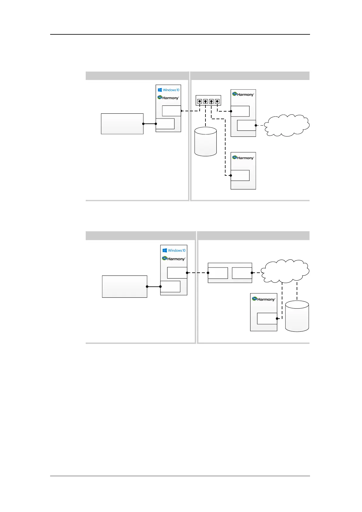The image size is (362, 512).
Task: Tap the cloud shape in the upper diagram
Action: pos(287,125)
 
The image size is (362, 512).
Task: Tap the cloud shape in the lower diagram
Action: pos(285,271)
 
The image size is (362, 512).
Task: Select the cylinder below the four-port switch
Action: pos(205,142)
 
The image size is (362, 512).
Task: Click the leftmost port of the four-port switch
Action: pos(200,101)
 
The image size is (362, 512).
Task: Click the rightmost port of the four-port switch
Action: pos(217,101)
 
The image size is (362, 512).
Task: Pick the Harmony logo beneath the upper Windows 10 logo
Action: pos(168,98)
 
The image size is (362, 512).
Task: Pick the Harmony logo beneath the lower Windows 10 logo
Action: pos(173,258)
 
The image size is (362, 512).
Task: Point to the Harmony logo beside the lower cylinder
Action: pos(263,299)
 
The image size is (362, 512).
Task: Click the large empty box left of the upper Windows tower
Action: pos(122,124)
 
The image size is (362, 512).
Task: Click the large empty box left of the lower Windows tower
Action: pos(125,286)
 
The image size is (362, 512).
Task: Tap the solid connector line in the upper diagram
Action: pos(150,124)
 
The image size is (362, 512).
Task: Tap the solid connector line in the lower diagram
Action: pos(154,286)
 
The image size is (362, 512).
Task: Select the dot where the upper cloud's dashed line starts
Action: pos(256,125)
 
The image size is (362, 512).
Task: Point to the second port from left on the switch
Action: pos(205,101)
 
